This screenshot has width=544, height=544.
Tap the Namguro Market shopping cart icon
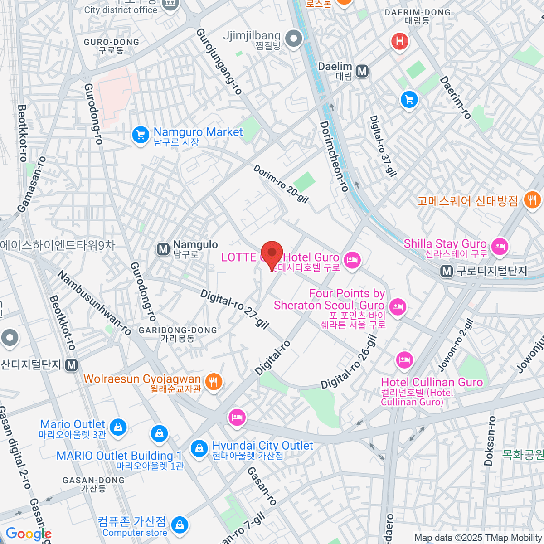(141, 135)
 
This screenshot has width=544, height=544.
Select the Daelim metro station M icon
(362, 71)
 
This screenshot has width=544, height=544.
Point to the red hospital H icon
(400, 41)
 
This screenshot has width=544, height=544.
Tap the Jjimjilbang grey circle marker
(294, 39)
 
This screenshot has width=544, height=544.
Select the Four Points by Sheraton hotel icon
(398, 307)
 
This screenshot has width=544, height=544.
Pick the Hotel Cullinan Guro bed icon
(404, 360)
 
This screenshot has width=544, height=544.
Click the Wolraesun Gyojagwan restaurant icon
(213, 382)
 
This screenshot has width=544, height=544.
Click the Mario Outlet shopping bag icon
(118, 427)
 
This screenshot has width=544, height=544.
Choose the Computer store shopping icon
(180, 525)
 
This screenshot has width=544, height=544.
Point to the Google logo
(28, 534)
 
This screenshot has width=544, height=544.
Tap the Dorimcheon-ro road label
(334, 156)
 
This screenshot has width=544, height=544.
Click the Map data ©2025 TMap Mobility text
(478, 538)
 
